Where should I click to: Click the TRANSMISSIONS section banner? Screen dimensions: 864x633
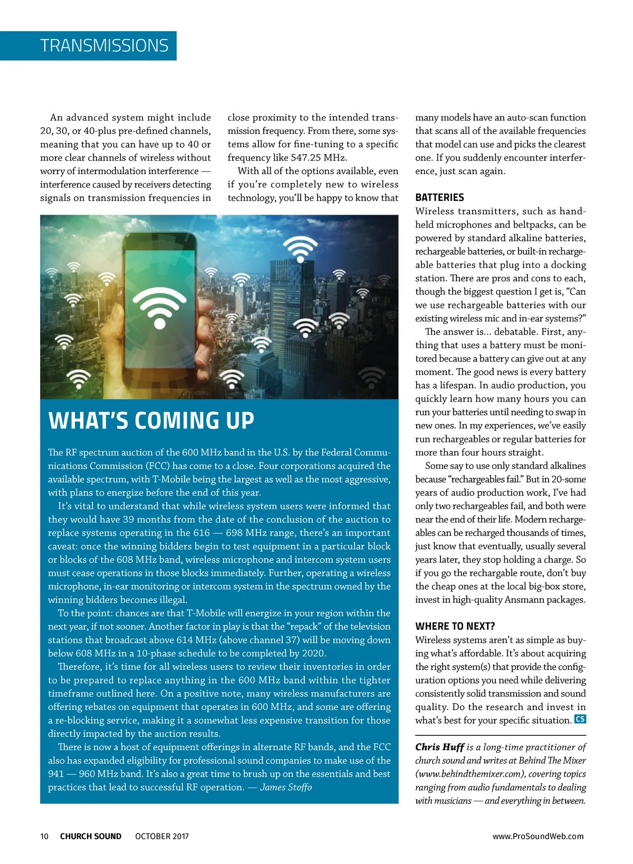[104, 46]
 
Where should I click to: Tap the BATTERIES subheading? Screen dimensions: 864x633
[439, 197]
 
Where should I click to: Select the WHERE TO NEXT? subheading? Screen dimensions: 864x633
[455, 626]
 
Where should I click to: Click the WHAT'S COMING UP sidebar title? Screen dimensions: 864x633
[151, 420]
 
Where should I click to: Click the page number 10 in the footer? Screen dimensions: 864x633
[44, 836]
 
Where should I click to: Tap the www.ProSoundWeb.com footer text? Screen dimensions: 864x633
[538, 836]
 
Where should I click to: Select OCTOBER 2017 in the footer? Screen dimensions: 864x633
[162, 836]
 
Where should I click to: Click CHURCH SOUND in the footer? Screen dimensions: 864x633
[91, 836]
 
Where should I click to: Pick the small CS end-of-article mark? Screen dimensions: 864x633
[580, 719]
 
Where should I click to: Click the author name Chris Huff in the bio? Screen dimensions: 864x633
[439, 747]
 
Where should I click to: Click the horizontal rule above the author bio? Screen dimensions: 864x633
[501, 735]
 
